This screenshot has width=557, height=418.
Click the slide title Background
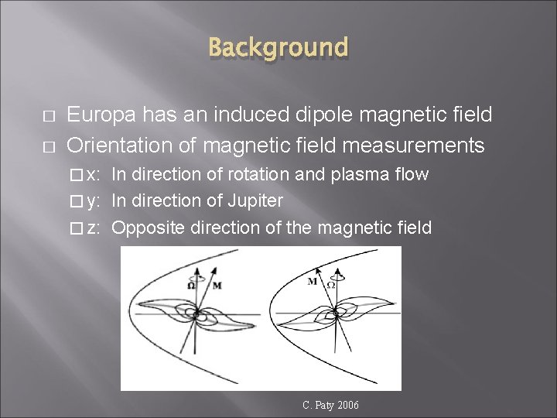(278, 47)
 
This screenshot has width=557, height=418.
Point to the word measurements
(419, 145)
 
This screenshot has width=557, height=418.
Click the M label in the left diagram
(217, 285)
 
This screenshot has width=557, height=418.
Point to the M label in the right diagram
(313, 282)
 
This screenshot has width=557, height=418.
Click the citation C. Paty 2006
(330, 405)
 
